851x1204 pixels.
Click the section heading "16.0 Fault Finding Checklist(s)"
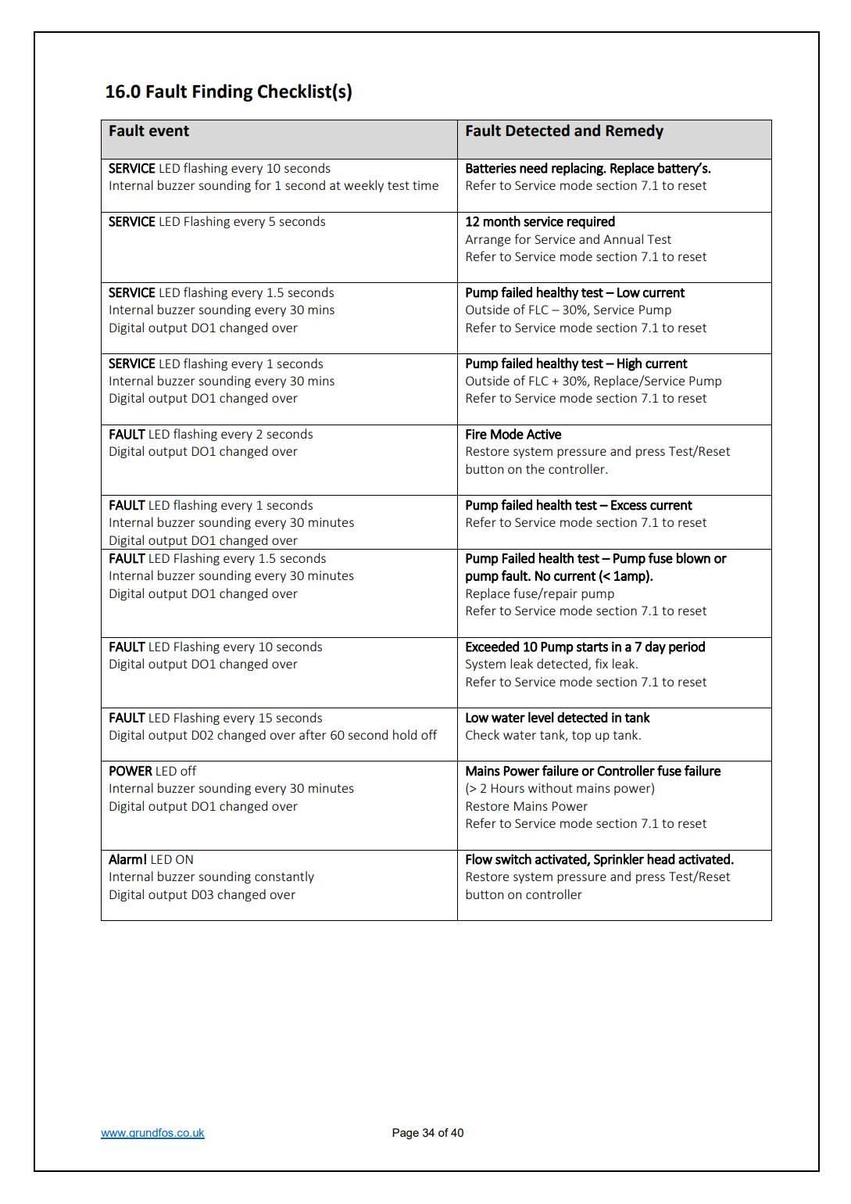[228, 91]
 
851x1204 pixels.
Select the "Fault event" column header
[148, 131]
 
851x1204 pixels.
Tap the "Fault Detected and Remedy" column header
[563, 131]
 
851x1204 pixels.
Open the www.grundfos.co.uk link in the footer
[152, 1133]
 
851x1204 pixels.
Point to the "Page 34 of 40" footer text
[427, 1133]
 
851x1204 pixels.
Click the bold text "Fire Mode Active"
[513, 435]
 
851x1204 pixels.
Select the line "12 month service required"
[539, 222]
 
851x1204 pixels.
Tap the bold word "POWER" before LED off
[130, 772]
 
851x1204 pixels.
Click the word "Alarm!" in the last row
[127, 860]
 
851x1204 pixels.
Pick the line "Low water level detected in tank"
[557, 718]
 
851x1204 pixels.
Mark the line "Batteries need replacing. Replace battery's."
[588, 169]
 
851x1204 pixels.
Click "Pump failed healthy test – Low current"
[574, 293]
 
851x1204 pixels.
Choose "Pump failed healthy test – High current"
[576, 364]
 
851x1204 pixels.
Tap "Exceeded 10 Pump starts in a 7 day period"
[585, 647]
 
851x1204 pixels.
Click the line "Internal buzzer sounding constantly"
[211, 877]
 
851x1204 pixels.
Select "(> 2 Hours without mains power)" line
[560, 789]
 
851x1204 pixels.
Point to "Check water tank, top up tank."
[552, 736]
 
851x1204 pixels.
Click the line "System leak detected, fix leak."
[551, 665]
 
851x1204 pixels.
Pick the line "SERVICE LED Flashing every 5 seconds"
[216, 222]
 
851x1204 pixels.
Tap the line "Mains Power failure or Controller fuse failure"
[592, 772]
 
